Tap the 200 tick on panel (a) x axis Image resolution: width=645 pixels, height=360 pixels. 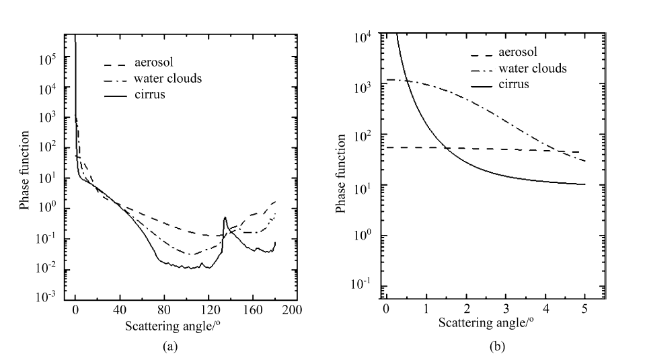[x=291, y=311]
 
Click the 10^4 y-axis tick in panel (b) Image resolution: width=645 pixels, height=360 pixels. [x=366, y=38]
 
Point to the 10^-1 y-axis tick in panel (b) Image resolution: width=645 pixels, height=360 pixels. [x=366, y=285]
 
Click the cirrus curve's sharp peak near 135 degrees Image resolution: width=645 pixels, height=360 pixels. [x=225, y=218]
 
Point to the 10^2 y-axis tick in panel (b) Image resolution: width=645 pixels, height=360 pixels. [x=366, y=136]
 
